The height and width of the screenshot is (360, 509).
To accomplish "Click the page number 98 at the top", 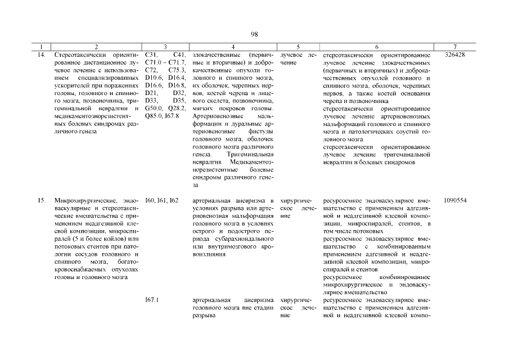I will coord(254,35).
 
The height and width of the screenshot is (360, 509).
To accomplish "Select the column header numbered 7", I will coord(454,47).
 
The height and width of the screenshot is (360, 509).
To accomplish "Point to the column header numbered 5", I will coord(298,47).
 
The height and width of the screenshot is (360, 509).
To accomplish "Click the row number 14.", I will coord(41,55).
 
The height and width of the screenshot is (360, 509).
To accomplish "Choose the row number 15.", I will coord(41,200).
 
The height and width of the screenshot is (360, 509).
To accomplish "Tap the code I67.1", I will coord(152,300).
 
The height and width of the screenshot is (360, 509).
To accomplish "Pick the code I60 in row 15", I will coord(150,200).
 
